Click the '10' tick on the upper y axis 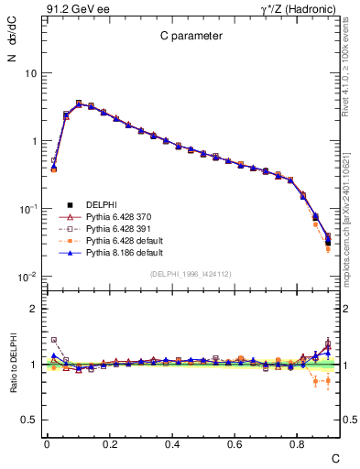(29, 73)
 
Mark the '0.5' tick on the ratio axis (27, 420)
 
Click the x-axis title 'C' (335, 457)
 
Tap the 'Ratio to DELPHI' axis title (12, 365)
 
